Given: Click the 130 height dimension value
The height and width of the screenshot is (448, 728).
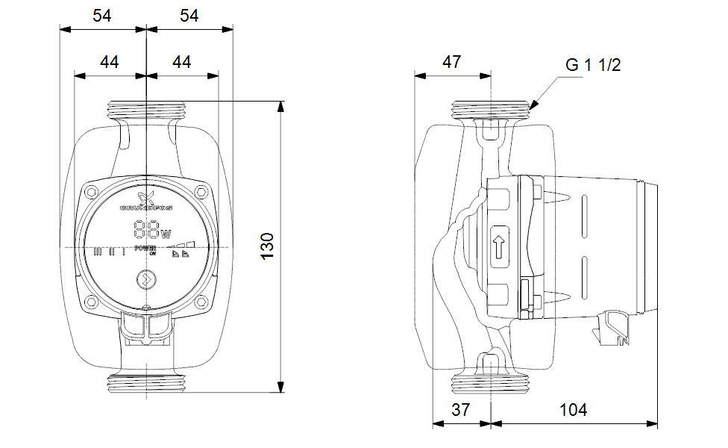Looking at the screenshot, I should click(267, 245).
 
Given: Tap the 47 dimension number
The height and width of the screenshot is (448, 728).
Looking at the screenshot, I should click(451, 62).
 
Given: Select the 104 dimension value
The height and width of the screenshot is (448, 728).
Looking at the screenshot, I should click(573, 410).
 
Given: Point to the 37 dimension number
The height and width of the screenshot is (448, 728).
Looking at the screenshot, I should click(461, 410).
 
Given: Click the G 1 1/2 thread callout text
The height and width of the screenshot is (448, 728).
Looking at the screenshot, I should click(593, 65).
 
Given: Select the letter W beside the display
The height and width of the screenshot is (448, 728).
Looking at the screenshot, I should click(166, 233).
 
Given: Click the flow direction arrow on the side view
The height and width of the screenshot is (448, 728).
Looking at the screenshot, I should click(499, 247).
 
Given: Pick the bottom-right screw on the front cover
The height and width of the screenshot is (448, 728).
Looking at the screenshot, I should click(201, 302).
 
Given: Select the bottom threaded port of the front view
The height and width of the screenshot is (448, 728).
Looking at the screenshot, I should click(147, 384).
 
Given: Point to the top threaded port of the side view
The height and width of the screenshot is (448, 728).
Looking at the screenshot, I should click(492, 110).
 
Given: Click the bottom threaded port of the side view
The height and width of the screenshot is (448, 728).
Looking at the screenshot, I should click(492, 384).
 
